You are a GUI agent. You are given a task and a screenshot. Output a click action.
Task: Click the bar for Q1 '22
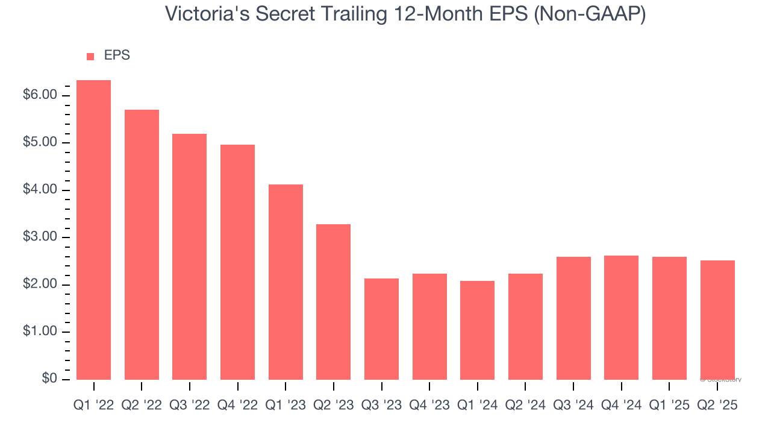(93, 230)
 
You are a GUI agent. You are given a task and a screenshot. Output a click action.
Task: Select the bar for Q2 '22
(142, 244)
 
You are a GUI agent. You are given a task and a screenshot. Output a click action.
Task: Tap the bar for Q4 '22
(237, 262)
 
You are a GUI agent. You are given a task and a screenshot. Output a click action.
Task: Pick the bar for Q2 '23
(333, 301)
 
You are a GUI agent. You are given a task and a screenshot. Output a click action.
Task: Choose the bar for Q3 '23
(381, 329)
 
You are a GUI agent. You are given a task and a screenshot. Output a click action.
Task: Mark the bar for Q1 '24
(477, 330)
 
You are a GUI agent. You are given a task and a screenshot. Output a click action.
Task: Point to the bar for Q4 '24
(621, 317)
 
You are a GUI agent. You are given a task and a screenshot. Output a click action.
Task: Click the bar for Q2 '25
(717, 319)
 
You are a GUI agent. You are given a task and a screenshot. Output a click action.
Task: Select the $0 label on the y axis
(50, 379)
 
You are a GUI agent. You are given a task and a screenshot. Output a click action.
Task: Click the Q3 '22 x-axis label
(189, 406)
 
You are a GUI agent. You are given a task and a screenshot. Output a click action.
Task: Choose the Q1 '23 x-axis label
(286, 406)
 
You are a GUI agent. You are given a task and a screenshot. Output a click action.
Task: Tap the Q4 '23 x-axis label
(429, 406)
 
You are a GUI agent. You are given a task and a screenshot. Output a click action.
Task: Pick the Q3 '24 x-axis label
(573, 406)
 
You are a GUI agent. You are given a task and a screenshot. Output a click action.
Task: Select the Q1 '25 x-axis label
(669, 406)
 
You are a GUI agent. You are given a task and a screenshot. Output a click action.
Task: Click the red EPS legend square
(90, 56)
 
